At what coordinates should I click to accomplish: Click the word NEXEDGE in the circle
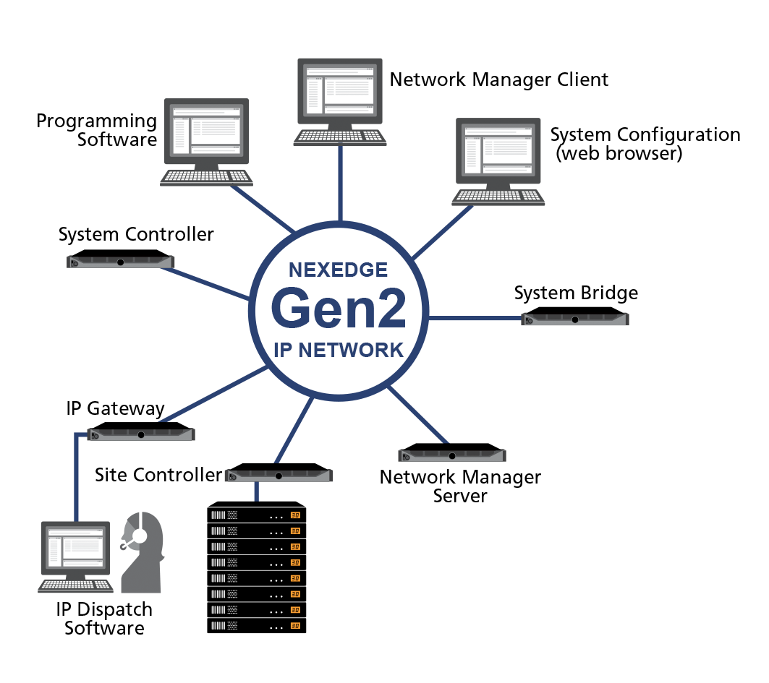tap(338, 270)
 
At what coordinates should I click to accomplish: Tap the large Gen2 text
tap(338, 309)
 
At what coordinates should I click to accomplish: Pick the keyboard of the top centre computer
tap(339, 137)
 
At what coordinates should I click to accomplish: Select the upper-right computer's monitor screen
tap(498, 150)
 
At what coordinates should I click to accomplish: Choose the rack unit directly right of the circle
tap(575, 319)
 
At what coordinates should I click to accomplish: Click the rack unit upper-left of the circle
tap(121, 262)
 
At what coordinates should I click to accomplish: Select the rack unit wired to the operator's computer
tap(141, 434)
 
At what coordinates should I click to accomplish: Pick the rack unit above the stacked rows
tap(279, 476)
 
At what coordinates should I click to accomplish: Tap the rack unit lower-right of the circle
tap(452, 455)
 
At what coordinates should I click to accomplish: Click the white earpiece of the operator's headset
tap(140, 536)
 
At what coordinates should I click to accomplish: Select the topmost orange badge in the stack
tap(295, 516)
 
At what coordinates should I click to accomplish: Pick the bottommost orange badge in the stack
tap(295, 626)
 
